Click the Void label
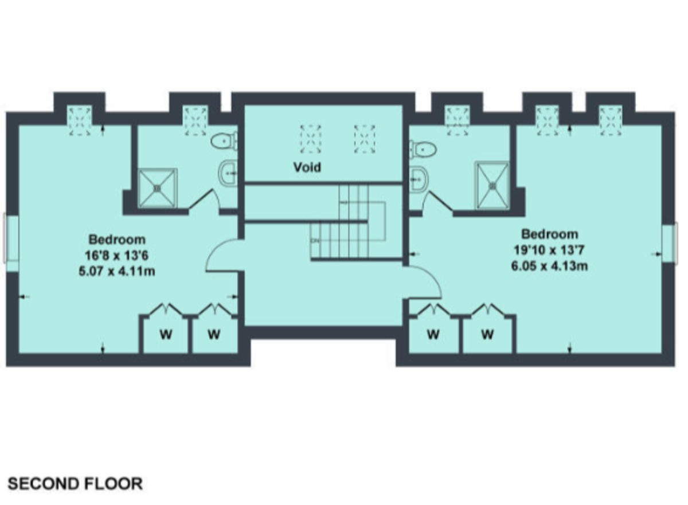(x=307, y=167)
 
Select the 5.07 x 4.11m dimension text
(x=117, y=271)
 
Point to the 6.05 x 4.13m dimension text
(x=549, y=266)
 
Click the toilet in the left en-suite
(x=224, y=141)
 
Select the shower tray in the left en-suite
(x=158, y=188)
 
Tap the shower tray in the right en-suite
(x=492, y=185)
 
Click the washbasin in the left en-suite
(x=229, y=174)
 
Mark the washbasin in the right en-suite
(x=419, y=179)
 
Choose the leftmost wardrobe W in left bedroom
(x=166, y=334)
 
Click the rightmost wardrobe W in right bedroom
(x=488, y=334)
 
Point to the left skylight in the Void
(x=311, y=139)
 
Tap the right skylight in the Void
(x=365, y=139)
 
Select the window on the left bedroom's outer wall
(x=11, y=238)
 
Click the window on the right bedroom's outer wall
(x=670, y=244)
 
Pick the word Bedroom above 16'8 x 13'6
(x=117, y=240)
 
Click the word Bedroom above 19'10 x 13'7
(x=550, y=234)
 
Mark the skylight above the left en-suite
(x=196, y=120)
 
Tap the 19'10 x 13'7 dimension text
(x=549, y=250)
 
